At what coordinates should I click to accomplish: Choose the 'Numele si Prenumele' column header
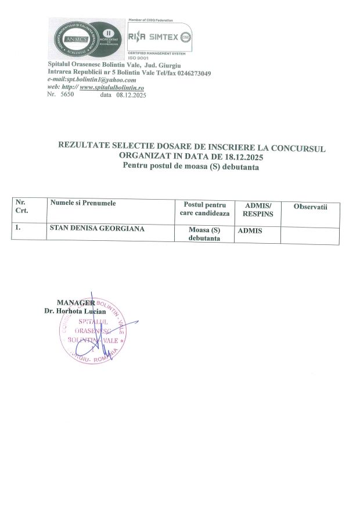pyautogui.click(x=83, y=203)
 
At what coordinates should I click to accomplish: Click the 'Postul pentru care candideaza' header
pyautogui.click(x=204, y=210)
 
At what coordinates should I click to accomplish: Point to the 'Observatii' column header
pyautogui.click(x=311, y=207)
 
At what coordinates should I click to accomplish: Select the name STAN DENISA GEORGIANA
pyautogui.click(x=97, y=229)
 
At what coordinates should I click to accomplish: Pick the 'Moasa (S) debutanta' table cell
pyautogui.click(x=204, y=234)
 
